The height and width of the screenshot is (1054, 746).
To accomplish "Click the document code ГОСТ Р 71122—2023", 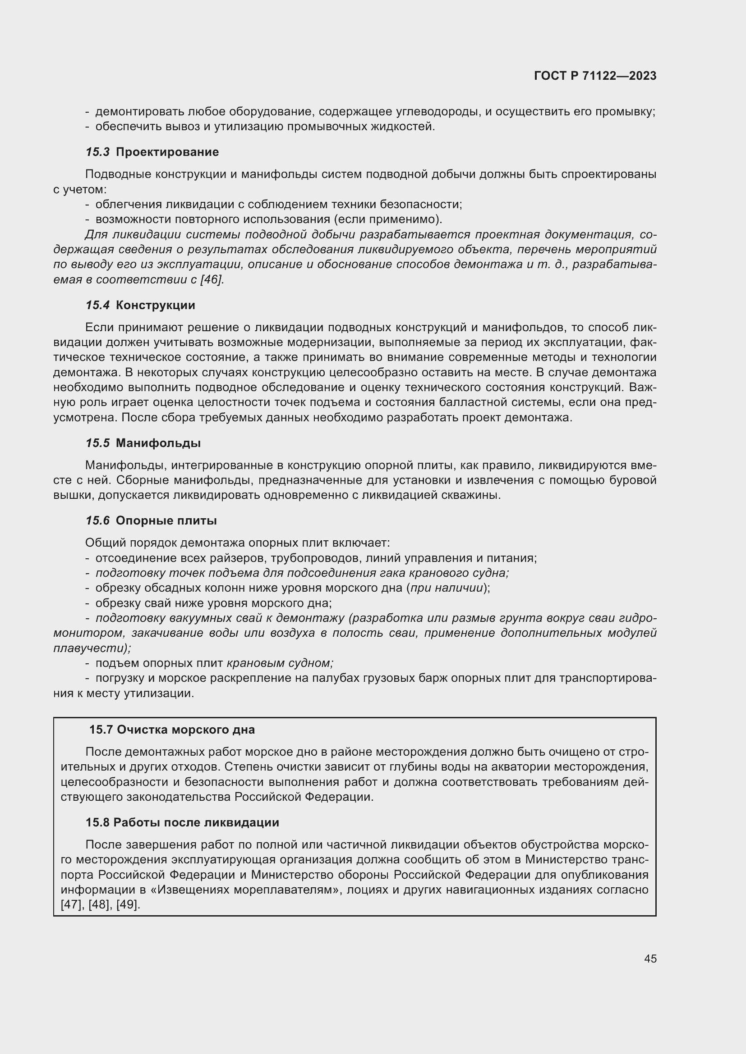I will pos(595,76).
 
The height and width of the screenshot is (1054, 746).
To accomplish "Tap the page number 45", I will pos(650,958).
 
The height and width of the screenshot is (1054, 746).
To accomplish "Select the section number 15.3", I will pos(97,152).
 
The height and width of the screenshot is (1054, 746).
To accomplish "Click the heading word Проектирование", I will pos(167,152).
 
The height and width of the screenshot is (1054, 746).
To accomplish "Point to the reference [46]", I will pos(211,279).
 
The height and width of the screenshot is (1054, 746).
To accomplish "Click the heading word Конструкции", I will pos(155,305).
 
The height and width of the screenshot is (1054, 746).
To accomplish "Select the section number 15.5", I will pos(97,443).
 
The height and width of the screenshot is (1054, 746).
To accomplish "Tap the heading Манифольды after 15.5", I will pos(158,443).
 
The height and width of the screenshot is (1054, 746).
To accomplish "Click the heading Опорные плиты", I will pos(166,520).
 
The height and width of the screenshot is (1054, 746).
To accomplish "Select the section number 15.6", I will pos(97,520).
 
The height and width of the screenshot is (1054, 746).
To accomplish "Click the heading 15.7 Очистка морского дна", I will pos(172,730).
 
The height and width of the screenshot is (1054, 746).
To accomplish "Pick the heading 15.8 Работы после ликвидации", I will pos(182,822).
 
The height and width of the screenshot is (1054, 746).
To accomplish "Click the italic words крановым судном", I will pos(280,663).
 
